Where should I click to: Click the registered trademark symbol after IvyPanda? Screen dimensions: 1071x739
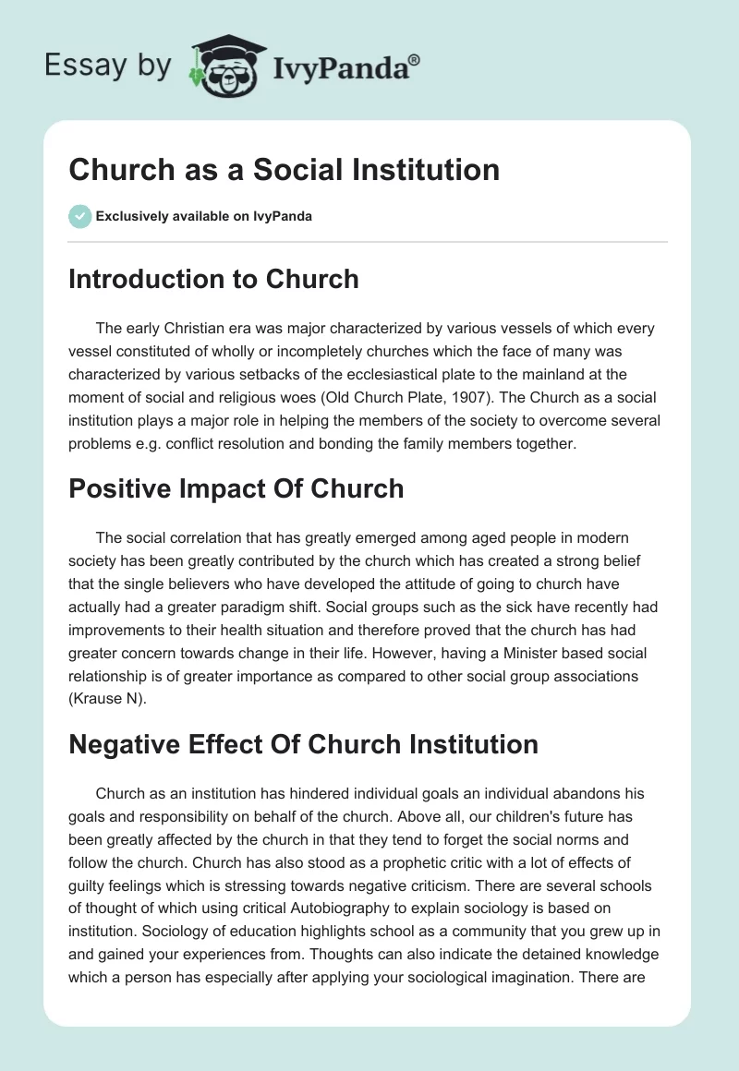point(415,60)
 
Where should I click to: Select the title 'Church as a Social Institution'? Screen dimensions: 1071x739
point(284,169)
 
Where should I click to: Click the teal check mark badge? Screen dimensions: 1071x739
point(79,216)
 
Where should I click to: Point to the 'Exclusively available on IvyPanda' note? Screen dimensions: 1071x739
point(204,217)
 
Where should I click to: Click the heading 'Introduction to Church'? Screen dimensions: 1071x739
point(213,279)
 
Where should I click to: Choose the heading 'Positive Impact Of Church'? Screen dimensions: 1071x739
point(236,488)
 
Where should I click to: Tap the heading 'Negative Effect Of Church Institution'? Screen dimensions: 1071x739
point(303,743)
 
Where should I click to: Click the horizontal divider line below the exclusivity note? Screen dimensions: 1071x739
point(368,242)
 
